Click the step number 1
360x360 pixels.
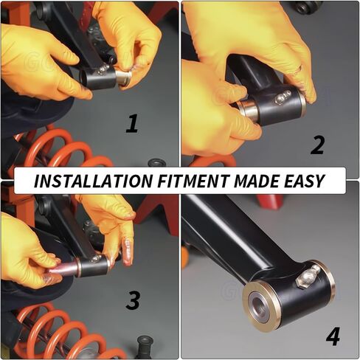pyautogui.click(x=133, y=124)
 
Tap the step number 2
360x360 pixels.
pyautogui.click(x=317, y=145)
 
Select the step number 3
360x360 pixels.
pyautogui.click(x=133, y=300)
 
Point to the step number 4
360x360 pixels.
pyautogui.click(x=333, y=336)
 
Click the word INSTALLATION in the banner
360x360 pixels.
pyautogui.click(x=94, y=181)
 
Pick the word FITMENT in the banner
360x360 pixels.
pyautogui.click(x=193, y=181)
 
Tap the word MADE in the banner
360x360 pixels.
pyautogui.click(x=256, y=181)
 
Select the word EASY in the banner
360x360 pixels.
pyautogui.click(x=304, y=181)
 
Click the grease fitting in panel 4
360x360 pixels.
pyautogui.click(x=308, y=277)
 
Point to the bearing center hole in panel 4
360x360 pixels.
pyautogui.click(x=259, y=304)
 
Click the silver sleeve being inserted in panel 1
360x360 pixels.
pyautogui.click(x=124, y=77)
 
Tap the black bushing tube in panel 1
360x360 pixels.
pyautogui.click(x=98, y=77)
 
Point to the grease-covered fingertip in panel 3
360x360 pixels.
pyautogui.click(x=128, y=252)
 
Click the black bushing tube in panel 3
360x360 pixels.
pyautogui.click(x=93, y=266)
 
